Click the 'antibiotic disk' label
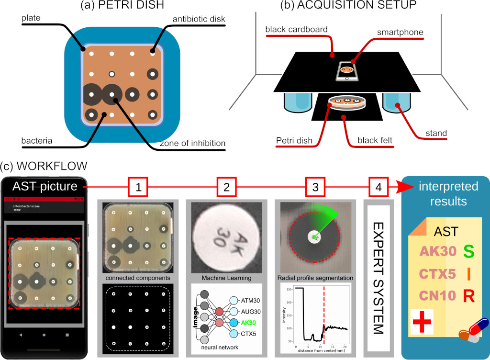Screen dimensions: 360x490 199,19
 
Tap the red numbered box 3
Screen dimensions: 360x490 315,188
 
